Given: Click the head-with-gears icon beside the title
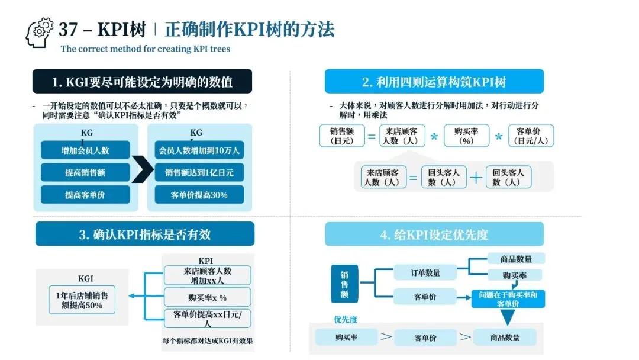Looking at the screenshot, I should click(40, 33).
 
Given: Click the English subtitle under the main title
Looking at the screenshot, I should click(145, 49).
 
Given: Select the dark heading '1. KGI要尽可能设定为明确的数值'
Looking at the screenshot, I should click(142, 81).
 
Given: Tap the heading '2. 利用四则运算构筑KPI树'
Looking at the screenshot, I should click(434, 81).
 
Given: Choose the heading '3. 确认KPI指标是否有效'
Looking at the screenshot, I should click(144, 234).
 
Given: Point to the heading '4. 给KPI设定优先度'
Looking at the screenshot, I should click(434, 234).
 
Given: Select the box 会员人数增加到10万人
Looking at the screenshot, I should click(199, 150).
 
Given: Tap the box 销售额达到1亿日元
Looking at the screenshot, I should click(199, 173).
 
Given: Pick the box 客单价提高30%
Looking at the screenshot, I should click(199, 195).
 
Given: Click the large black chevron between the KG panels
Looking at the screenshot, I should click(142, 171).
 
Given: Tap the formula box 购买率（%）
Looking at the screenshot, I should click(467, 136).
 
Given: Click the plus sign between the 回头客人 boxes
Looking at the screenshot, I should click(476, 178).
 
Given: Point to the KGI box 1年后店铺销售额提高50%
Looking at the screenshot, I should click(82, 300).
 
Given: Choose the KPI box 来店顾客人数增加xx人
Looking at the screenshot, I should click(206, 275).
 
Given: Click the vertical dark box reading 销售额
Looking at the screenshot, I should click(344, 285).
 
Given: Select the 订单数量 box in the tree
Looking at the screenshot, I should click(425, 273).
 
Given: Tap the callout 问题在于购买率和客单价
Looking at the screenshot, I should click(508, 298).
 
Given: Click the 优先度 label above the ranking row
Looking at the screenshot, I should click(346, 320).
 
